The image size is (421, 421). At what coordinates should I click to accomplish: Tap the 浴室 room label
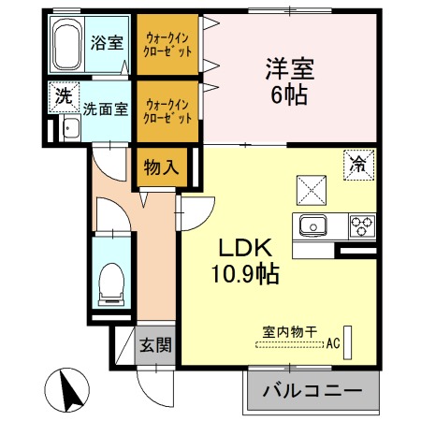pos(107,43)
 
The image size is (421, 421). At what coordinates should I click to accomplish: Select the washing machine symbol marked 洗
pos(65,97)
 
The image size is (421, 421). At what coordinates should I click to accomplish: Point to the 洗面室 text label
pos(106,109)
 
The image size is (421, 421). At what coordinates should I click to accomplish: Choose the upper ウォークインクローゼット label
pos(167,45)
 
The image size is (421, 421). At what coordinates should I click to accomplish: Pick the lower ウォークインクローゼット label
pos(167,111)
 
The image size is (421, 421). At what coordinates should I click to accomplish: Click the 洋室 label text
pos(290,69)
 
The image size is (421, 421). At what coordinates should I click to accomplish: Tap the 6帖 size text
pos(289,94)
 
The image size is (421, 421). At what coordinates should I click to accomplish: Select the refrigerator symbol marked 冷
pos(358,165)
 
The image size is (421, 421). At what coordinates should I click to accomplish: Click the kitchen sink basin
pos(312,225)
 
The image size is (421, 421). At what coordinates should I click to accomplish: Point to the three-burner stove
pos(362,226)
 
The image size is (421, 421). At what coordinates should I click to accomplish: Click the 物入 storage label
pos(161,167)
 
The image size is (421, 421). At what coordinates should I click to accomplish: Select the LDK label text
pos(245,248)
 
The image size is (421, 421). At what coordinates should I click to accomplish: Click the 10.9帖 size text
pos(245,274)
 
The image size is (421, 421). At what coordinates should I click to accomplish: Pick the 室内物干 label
pos(290,332)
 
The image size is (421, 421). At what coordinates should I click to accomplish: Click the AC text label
pos(333,343)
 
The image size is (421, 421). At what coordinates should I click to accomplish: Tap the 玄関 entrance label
pos(155,345)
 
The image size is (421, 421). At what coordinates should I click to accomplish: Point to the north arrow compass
pos(66,390)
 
